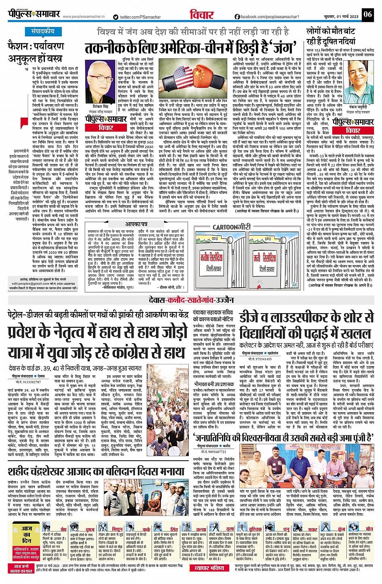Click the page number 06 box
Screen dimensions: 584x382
click(367, 15)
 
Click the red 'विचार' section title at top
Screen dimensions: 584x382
click(202, 15)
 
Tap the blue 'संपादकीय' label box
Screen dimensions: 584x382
click(42, 31)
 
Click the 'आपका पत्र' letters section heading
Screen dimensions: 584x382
click(136, 224)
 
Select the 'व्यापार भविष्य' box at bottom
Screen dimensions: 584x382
click(209, 568)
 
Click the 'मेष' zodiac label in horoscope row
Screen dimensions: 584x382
click(63, 529)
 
